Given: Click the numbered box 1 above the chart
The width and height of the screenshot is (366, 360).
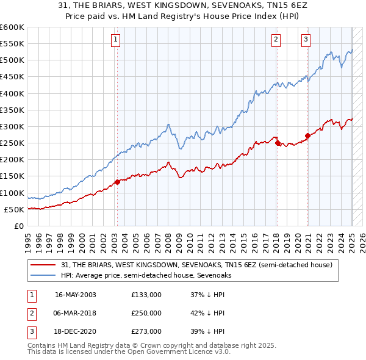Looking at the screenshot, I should pyautogui.click(x=116, y=41).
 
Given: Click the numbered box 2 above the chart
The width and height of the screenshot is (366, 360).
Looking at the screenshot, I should pyautogui.click(x=276, y=41).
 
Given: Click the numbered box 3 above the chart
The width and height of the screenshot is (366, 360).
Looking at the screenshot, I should pyautogui.click(x=306, y=41).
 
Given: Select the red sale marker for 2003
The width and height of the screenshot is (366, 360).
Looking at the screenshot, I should pyautogui.click(x=117, y=182).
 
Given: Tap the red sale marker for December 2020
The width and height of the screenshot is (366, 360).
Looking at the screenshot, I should pyautogui.click(x=307, y=135).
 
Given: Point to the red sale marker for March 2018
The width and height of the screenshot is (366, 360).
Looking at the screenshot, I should pyautogui.click(x=278, y=143).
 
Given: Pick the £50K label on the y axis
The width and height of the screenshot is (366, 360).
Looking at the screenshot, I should pyautogui.click(x=15, y=209).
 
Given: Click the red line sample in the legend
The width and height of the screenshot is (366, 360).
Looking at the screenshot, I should pyautogui.click(x=44, y=265).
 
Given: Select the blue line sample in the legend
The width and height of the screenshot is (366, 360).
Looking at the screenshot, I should pyautogui.click(x=44, y=275).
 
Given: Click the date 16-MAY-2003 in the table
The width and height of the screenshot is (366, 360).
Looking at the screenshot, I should pyautogui.click(x=76, y=295).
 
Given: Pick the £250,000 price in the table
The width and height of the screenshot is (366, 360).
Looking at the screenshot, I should pyautogui.click(x=146, y=313).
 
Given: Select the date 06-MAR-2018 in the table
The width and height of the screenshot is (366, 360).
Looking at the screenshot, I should pyautogui.click(x=76, y=313).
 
